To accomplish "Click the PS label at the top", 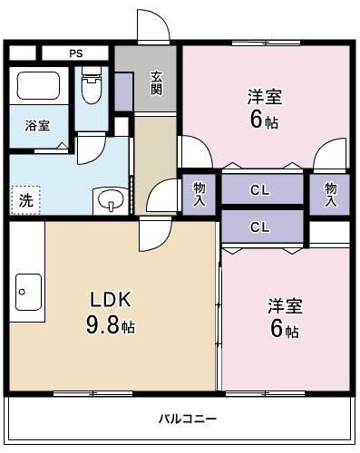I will point(75,53).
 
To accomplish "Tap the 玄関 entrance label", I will point(156,82).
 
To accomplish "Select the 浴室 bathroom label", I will point(37,126).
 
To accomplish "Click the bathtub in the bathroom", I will point(38,87).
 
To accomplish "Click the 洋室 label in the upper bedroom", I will point(264,95).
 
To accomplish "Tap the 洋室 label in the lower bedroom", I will point(284,304).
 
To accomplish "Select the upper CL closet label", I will point(260,190).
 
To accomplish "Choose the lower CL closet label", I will point(260,226).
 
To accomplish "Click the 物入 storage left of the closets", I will point(199,192).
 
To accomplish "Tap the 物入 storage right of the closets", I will point(330,192).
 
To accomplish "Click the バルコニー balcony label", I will point(188,419).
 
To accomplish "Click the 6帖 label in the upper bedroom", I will point(264,120).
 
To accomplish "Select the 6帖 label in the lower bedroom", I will point(284,330).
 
